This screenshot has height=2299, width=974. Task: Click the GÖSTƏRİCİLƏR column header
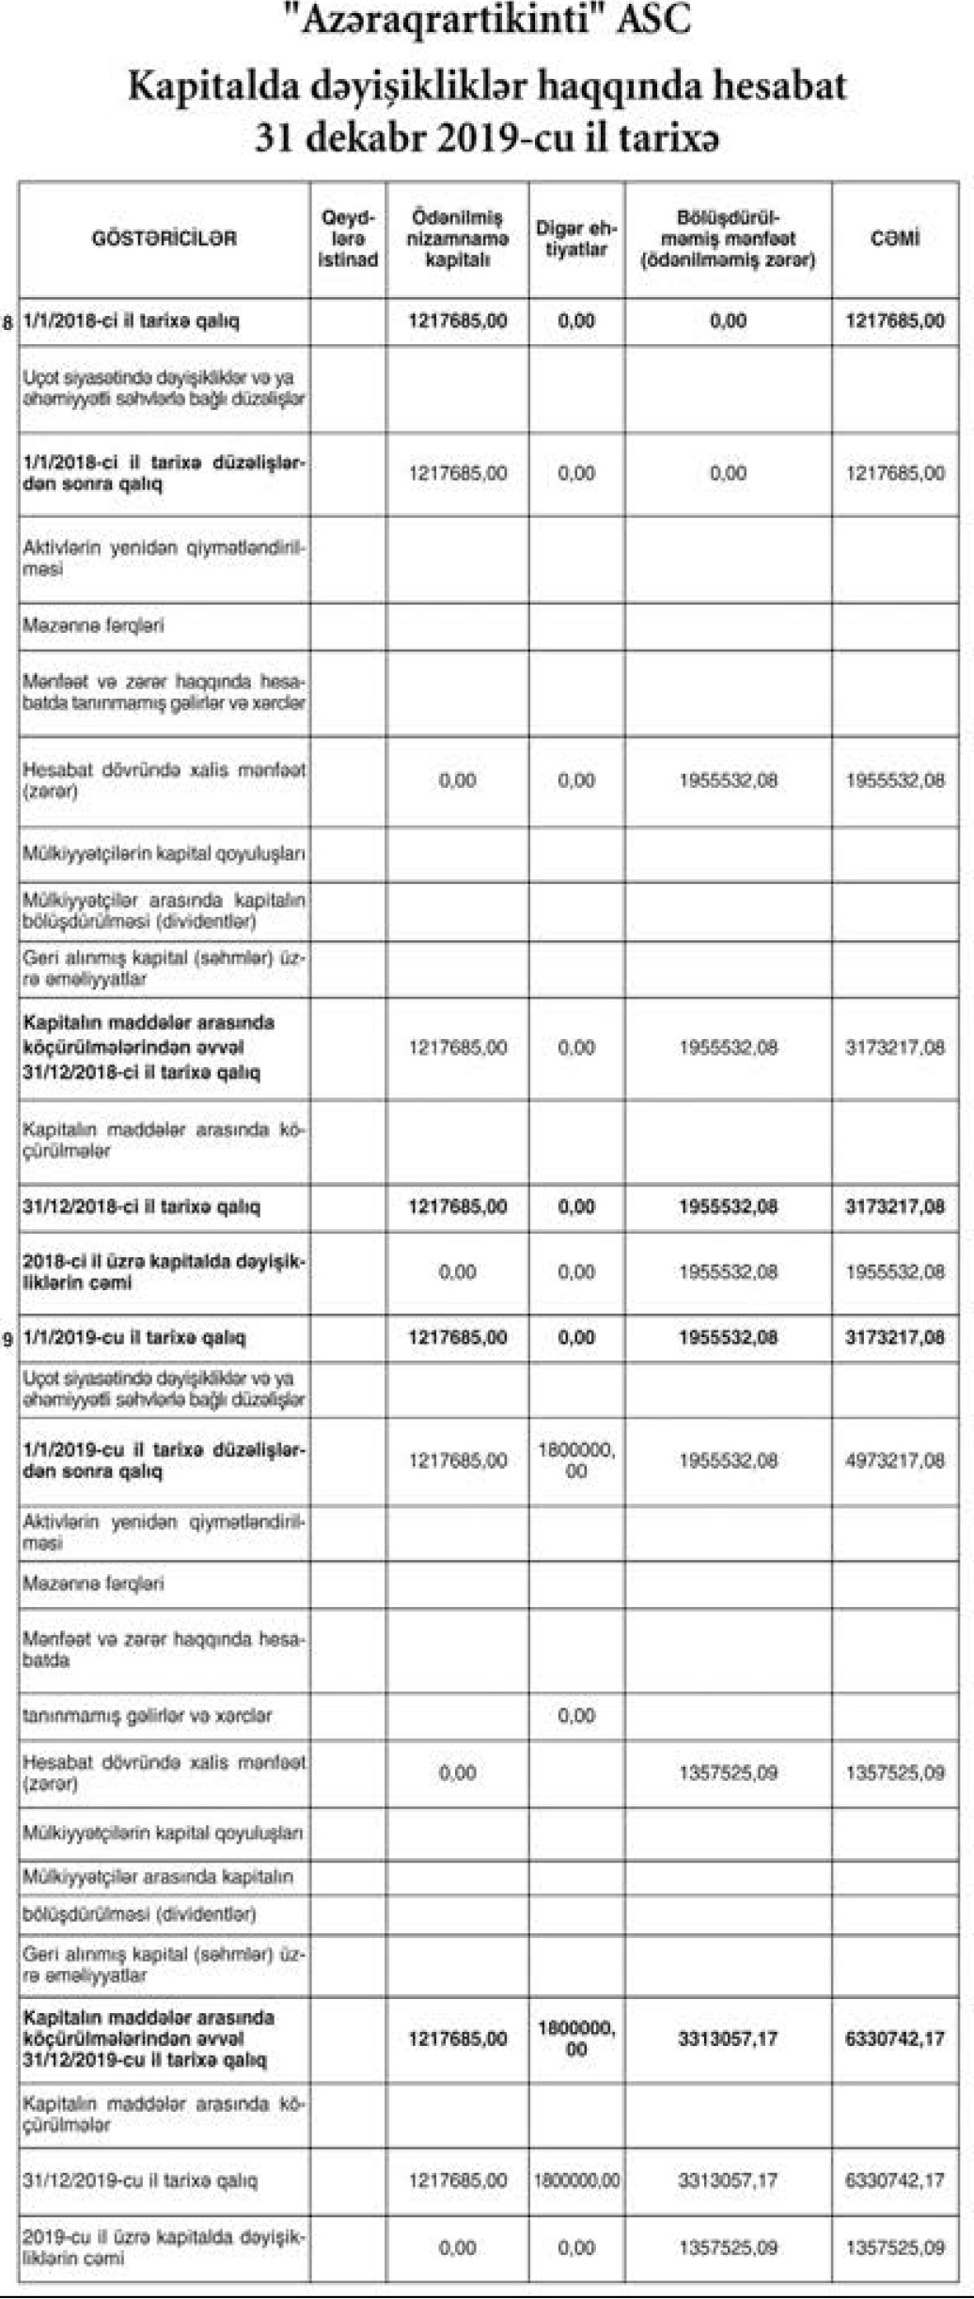[165, 238]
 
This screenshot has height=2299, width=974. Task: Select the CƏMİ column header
[894, 238]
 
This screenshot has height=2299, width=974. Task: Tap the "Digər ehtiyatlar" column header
[575, 239]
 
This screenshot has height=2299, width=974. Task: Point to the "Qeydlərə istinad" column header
[348, 239]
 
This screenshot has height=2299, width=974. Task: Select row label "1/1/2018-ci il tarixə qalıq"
[131, 322]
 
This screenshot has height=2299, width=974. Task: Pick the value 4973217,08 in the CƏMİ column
[894, 1460]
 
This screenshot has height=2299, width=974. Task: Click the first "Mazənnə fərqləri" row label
[94, 625]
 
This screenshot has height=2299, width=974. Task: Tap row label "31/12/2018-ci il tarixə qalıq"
[141, 1206]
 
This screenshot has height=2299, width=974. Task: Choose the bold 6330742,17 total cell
[894, 2039]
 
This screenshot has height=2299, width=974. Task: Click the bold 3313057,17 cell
[728, 2039]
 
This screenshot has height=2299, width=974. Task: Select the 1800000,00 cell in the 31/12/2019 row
[575, 2181]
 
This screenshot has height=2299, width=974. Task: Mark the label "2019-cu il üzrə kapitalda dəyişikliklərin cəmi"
[164, 2246]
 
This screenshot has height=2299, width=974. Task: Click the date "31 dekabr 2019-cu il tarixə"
[487, 139]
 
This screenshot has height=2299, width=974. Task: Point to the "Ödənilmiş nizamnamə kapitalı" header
[457, 239]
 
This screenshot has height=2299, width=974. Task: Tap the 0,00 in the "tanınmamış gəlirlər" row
[575, 1716]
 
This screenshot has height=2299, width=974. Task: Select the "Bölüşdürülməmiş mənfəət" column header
[728, 239]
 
